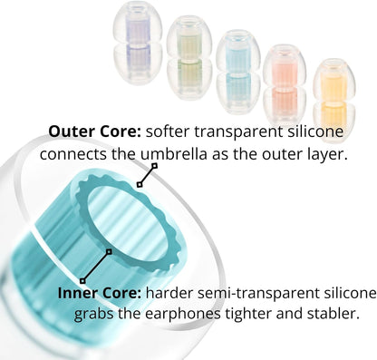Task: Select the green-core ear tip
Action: tap(189, 57)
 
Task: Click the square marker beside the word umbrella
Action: tap(154, 166)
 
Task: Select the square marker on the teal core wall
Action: tap(110, 251)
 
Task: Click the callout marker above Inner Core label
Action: tap(82, 279)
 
